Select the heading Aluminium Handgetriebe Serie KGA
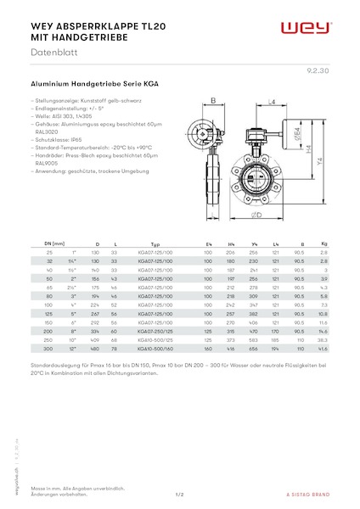coord(93,86)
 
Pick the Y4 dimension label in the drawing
coord(321,161)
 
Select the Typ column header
coord(155,244)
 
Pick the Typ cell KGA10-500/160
coord(155,350)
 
